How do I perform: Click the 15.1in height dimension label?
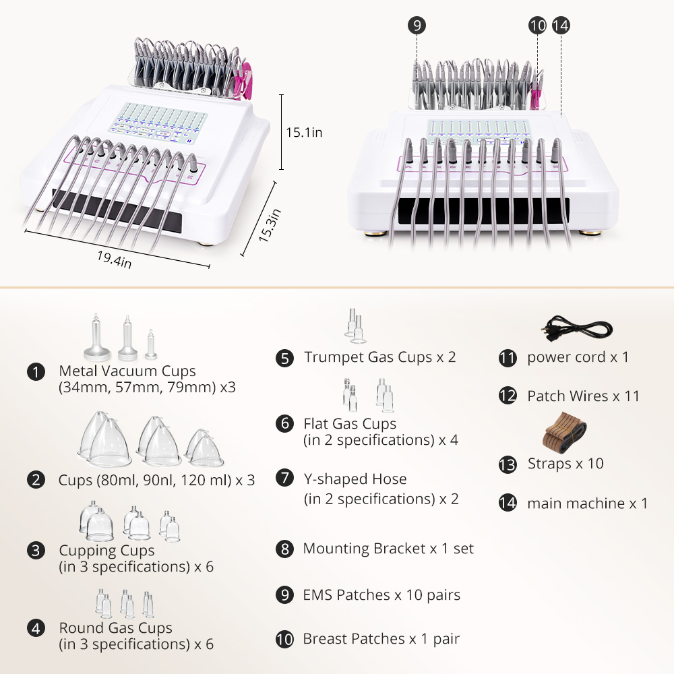304,132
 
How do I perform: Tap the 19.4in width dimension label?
114,259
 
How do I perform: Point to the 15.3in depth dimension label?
270,225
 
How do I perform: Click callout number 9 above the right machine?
417,26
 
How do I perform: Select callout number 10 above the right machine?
537,26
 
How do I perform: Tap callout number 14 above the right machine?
561,26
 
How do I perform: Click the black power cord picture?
576,329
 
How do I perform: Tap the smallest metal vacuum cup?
151,344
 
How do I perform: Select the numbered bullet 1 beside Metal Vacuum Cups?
36,372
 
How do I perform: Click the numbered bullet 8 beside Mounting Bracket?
284,549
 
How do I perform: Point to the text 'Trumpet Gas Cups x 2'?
380,357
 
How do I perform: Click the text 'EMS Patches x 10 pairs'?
381,595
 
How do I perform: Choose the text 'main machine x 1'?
587,503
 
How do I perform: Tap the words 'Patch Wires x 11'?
583,396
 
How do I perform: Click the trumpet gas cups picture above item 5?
355,326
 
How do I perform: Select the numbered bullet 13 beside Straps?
508,464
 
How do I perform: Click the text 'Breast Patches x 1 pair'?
381,639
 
